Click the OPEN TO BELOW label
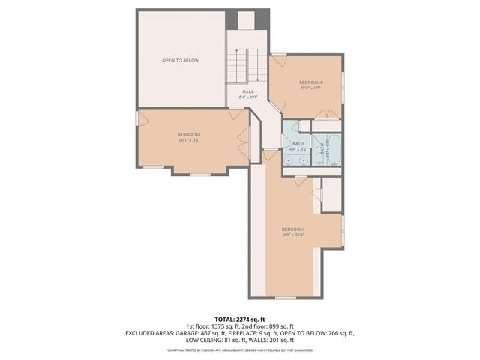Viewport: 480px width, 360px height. pos(181,60)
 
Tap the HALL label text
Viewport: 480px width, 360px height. pos(247,91)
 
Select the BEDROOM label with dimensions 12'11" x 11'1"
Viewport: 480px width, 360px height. pos(310,82)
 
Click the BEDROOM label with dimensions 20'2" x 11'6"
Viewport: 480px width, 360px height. pos(188,134)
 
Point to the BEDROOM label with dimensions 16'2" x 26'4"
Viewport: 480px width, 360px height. pos(292,229)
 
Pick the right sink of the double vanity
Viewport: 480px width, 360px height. pos(304,159)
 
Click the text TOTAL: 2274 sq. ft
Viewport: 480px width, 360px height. pos(239,319)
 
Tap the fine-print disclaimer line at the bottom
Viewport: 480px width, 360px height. pos(239,349)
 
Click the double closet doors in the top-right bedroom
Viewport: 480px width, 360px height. pos(327,114)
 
